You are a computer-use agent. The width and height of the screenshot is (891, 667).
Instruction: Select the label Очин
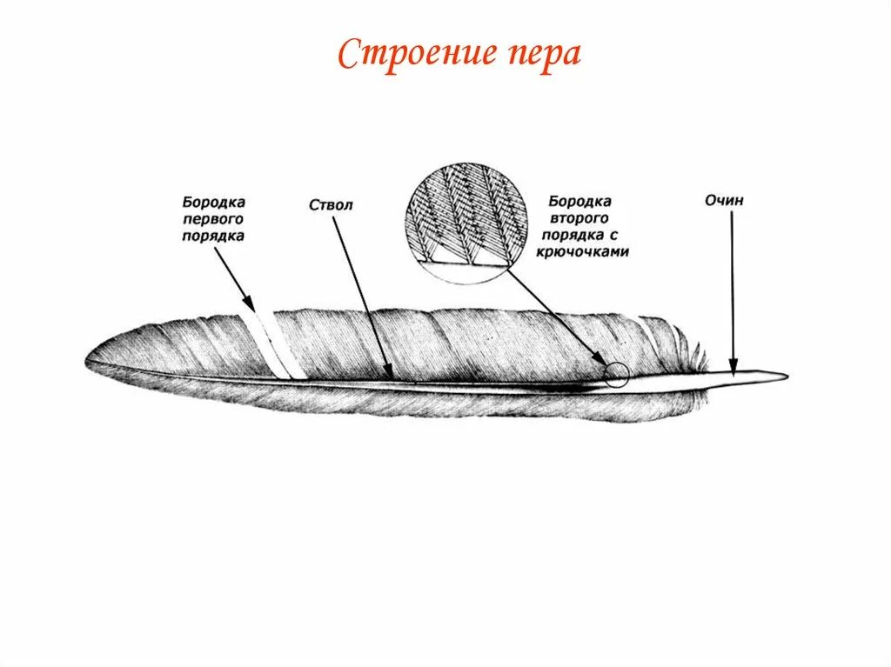pos(725,201)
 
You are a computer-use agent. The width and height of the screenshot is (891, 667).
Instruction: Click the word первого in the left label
pos(213,217)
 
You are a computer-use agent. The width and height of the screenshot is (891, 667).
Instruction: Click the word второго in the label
pos(579,218)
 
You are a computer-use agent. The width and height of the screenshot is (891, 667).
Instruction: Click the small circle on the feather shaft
pos(616,375)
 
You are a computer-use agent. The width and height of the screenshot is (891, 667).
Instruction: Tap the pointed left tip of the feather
pos(89,357)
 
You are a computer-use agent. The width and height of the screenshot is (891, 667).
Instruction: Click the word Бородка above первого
pos(213,201)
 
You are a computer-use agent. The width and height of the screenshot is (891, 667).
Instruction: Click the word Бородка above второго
pos(579,202)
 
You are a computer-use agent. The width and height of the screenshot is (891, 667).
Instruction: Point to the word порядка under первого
pos(213,235)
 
